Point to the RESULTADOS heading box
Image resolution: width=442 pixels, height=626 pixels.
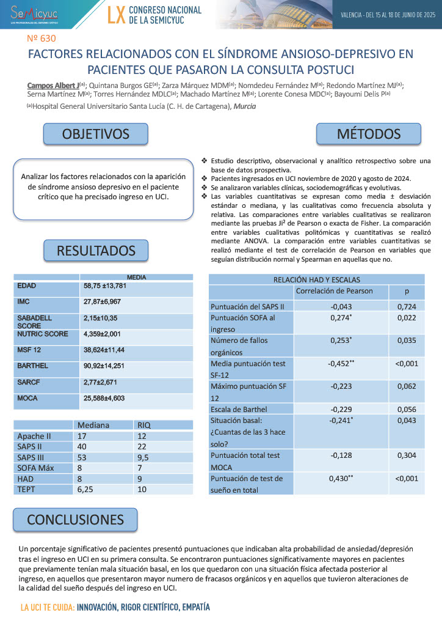coord(96,251)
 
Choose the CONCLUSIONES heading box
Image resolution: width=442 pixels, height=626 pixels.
coord(75,519)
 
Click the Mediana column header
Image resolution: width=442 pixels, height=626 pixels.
coord(93,425)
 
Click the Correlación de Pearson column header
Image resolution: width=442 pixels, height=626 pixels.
coord(334,290)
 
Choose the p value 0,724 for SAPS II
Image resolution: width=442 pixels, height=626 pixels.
coord(406,306)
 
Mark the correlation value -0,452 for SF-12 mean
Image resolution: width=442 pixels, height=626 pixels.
coord(340,364)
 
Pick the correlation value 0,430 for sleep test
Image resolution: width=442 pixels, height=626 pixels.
coord(341,478)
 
